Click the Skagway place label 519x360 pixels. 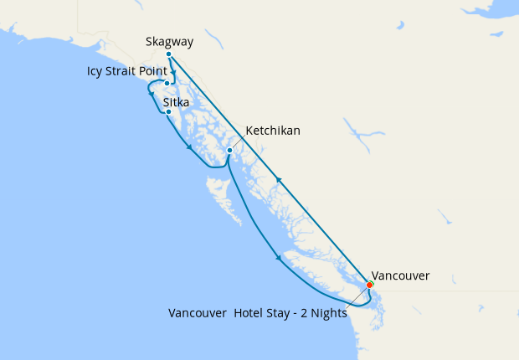169,41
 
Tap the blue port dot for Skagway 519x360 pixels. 169,54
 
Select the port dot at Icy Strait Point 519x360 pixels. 167,83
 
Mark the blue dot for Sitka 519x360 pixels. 168,111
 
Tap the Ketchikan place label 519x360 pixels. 273,131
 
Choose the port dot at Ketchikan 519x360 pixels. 229,151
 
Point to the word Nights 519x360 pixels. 326,313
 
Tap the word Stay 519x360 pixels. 280,313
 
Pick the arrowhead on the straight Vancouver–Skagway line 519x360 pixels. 279,179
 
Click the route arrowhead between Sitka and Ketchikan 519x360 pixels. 189,147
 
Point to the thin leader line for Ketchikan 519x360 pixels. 237,143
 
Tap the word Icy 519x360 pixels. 95,71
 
